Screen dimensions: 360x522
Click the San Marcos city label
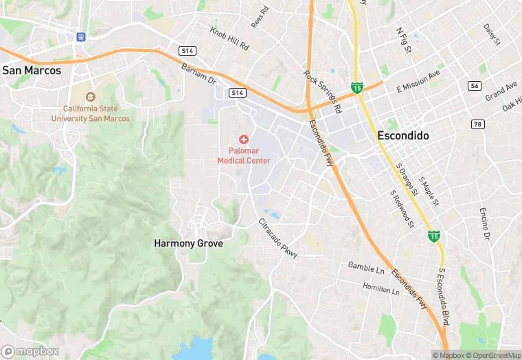tap(32, 70)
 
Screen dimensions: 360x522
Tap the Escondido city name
tap(403, 136)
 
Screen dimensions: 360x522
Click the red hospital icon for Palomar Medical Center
tap(244, 139)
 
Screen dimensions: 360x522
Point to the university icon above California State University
tap(90, 96)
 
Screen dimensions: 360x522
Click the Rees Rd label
tap(258, 19)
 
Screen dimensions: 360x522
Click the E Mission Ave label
tap(418, 82)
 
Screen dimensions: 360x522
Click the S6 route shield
tap(475, 85)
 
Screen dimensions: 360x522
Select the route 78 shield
tap(477, 124)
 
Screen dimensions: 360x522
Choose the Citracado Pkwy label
tap(278, 238)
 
